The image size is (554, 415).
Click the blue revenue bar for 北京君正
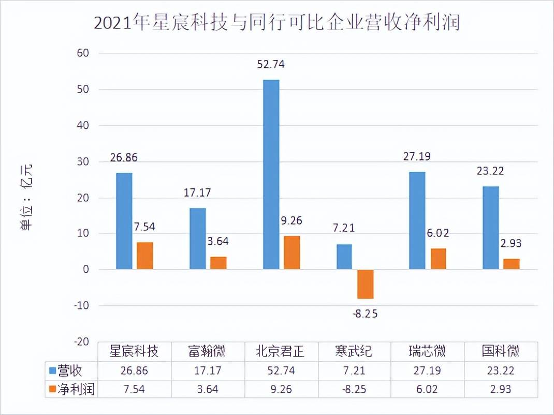tap(271, 174)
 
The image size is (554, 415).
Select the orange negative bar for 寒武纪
tap(366, 284)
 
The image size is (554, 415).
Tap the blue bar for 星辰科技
tap(124, 221)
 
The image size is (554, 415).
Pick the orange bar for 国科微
tap(512, 264)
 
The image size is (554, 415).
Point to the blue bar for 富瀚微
tap(197, 239)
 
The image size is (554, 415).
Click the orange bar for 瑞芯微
tap(439, 259)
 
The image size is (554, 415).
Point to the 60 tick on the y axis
tap(83, 53)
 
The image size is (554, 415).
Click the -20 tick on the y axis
tap(80, 342)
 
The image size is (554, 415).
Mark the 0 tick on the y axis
tap(85, 270)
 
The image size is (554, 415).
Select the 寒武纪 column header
tap(353, 352)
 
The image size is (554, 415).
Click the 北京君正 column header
tap(280, 352)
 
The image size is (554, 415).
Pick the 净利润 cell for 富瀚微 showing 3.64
tap(207, 389)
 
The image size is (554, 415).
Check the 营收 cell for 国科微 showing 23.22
tap(500, 371)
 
